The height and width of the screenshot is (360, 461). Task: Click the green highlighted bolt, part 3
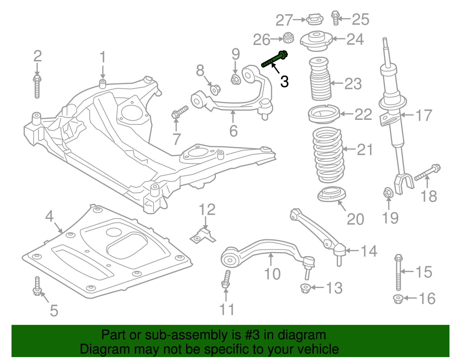click(275, 59)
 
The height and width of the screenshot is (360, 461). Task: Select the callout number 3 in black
click(284, 82)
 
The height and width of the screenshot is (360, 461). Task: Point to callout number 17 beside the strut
click(424, 115)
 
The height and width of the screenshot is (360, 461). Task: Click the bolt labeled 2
click(37, 86)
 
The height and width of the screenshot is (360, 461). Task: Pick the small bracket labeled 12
click(203, 236)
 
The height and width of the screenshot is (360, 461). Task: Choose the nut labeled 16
click(398, 299)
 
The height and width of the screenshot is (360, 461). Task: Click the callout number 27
click(284, 20)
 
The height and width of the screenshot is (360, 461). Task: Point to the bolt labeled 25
click(335, 18)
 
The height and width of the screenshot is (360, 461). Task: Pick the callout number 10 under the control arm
click(272, 274)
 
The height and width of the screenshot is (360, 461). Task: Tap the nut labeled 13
click(305, 288)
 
